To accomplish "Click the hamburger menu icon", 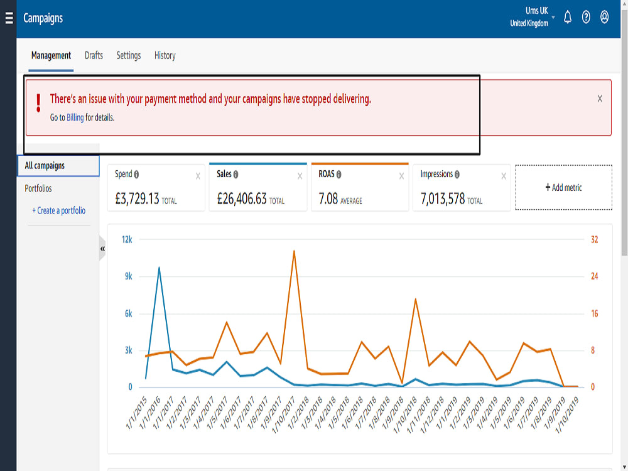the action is click(9, 18).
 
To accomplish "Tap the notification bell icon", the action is click(568, 17).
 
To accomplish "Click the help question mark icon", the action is click(586, 17).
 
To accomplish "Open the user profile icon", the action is click(604, 17).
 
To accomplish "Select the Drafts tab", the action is click(94, 55).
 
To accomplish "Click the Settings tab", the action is click(129, 55).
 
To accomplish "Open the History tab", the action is click(165, 55).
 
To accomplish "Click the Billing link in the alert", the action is click(75, 117).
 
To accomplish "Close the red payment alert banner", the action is click(600, 99).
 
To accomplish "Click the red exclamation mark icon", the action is click(38, 103).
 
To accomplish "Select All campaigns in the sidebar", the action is click(45, 165).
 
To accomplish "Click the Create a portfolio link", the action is click(59, 210).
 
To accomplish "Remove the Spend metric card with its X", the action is click(198, 176).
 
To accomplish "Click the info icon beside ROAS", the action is click(339, 175).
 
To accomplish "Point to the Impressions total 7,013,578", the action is click(443, 198).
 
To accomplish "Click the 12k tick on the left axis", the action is click(127, 239).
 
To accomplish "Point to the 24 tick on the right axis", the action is click(594, 276).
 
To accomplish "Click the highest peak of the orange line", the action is click(294, 252).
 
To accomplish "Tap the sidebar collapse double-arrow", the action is click(102, 249).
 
